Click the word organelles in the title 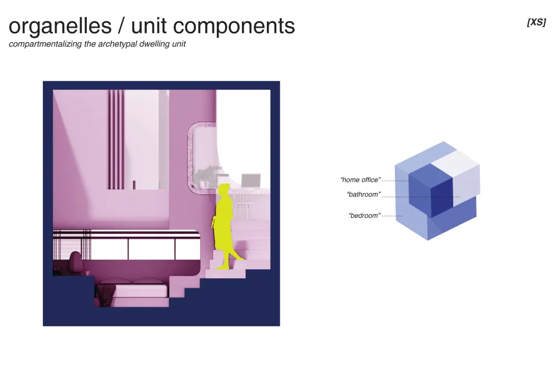60,26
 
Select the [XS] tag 537,22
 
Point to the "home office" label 360,180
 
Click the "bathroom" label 364,194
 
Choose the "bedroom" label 365,216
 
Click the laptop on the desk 251,181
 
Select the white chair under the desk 244,205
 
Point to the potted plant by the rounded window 207,177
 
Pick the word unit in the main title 149,26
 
